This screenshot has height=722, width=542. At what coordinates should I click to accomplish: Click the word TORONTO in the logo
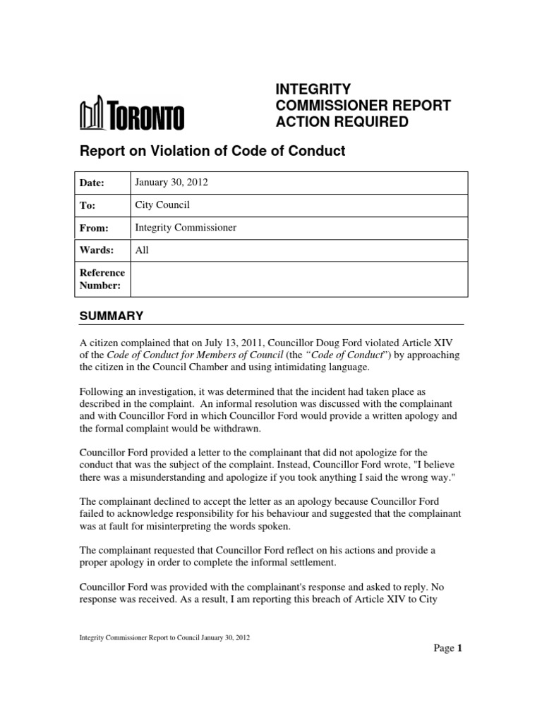pos(146,116)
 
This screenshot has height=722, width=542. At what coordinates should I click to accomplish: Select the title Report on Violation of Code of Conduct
pos(212,152)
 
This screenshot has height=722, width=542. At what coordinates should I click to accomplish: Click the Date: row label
pos(91,183)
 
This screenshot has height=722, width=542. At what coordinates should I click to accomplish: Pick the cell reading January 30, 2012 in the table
pos(171,183)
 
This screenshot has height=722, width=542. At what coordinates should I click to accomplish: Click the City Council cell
pos(162,205)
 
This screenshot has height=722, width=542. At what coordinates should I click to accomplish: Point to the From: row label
pos(92,228)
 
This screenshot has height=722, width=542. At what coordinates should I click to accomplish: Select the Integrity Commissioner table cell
pos(186,228)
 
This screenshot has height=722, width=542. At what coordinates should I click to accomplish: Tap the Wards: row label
pos(94,250)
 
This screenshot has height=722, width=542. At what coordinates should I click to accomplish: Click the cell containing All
pos(141,250)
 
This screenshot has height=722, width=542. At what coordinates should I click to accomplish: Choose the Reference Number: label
pos(102,279)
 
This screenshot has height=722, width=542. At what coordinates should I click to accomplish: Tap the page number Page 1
pos(447,649)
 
